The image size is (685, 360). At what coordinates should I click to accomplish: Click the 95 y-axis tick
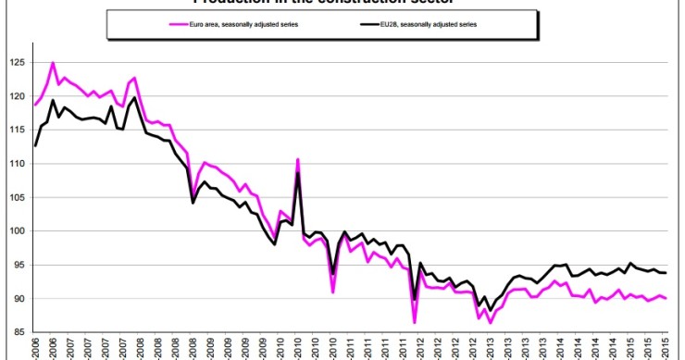point(15,265)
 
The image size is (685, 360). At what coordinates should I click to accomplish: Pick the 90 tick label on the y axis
point(15,298)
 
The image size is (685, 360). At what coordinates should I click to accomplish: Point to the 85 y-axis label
point(15,331)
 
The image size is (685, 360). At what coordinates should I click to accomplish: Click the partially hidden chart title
point(342,3)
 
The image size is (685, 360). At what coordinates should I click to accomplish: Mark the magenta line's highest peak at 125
point(52,63)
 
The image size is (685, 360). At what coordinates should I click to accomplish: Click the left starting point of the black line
point(35,145)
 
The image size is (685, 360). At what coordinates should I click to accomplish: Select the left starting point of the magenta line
point(35,105)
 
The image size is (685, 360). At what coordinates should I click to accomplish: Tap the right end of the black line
point(666,273)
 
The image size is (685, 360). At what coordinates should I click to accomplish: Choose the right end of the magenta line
point(666,298)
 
